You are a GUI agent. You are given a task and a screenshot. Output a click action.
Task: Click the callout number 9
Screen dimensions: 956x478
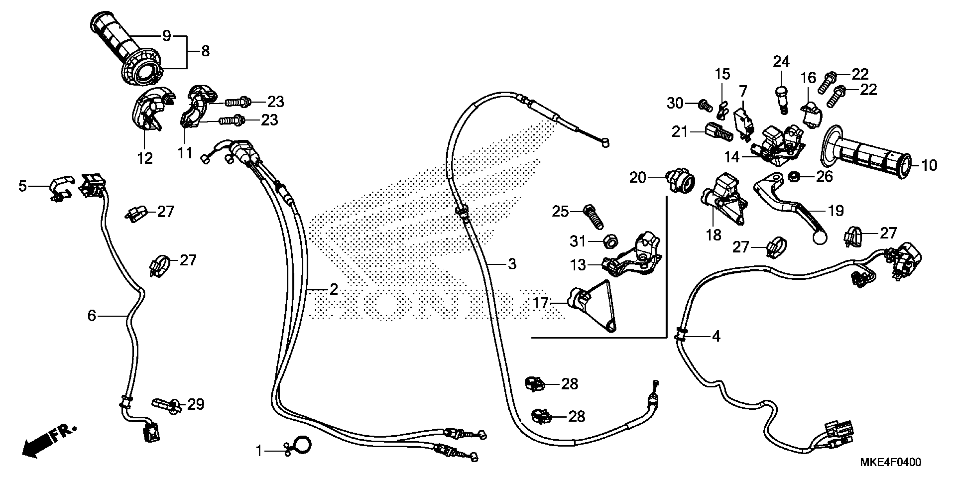click(167, 36)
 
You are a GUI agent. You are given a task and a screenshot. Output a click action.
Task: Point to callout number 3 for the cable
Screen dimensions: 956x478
click(512, 264)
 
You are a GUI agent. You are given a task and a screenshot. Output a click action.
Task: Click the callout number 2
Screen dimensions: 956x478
click(334, 289)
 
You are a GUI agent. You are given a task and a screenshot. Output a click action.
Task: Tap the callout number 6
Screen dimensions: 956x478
click(92, 315)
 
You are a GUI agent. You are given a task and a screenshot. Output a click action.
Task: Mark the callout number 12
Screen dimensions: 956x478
click(145, 159)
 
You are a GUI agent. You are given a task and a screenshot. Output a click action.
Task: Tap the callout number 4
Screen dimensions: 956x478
click(716, 336)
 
